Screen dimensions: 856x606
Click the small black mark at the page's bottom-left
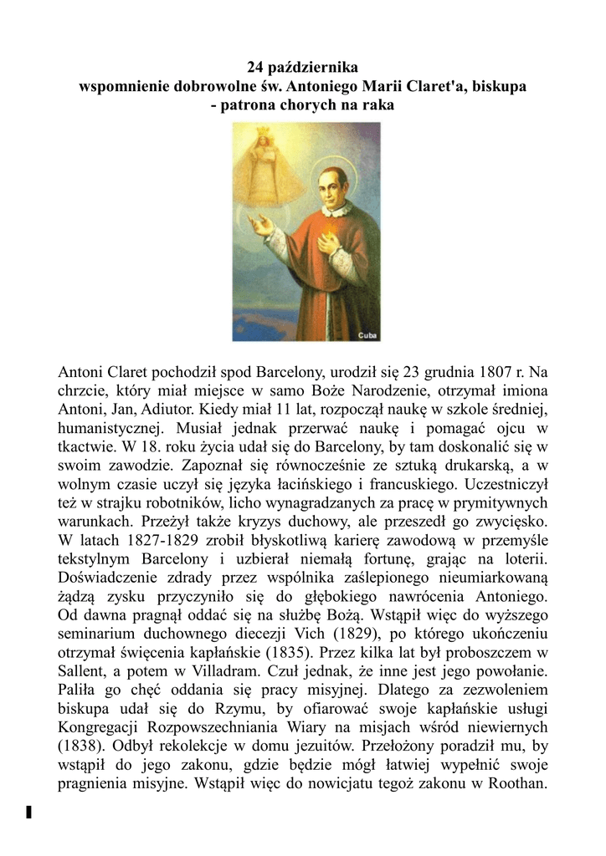pyautogui.click(x=28, y=811)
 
